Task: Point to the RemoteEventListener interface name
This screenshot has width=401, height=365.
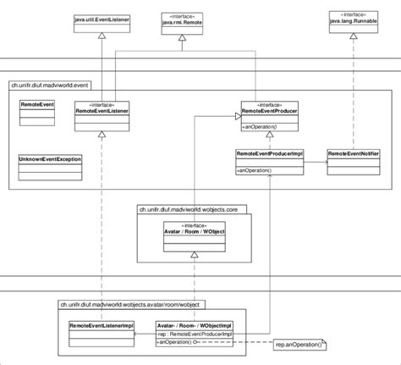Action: pos(101,109)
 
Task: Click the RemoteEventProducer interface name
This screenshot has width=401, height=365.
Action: pos(268,109)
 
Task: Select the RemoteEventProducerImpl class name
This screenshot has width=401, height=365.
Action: pos(269,153)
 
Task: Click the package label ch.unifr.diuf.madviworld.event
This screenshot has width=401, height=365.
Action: pos(52,84)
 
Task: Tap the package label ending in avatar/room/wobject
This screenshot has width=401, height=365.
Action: pos(130,303)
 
